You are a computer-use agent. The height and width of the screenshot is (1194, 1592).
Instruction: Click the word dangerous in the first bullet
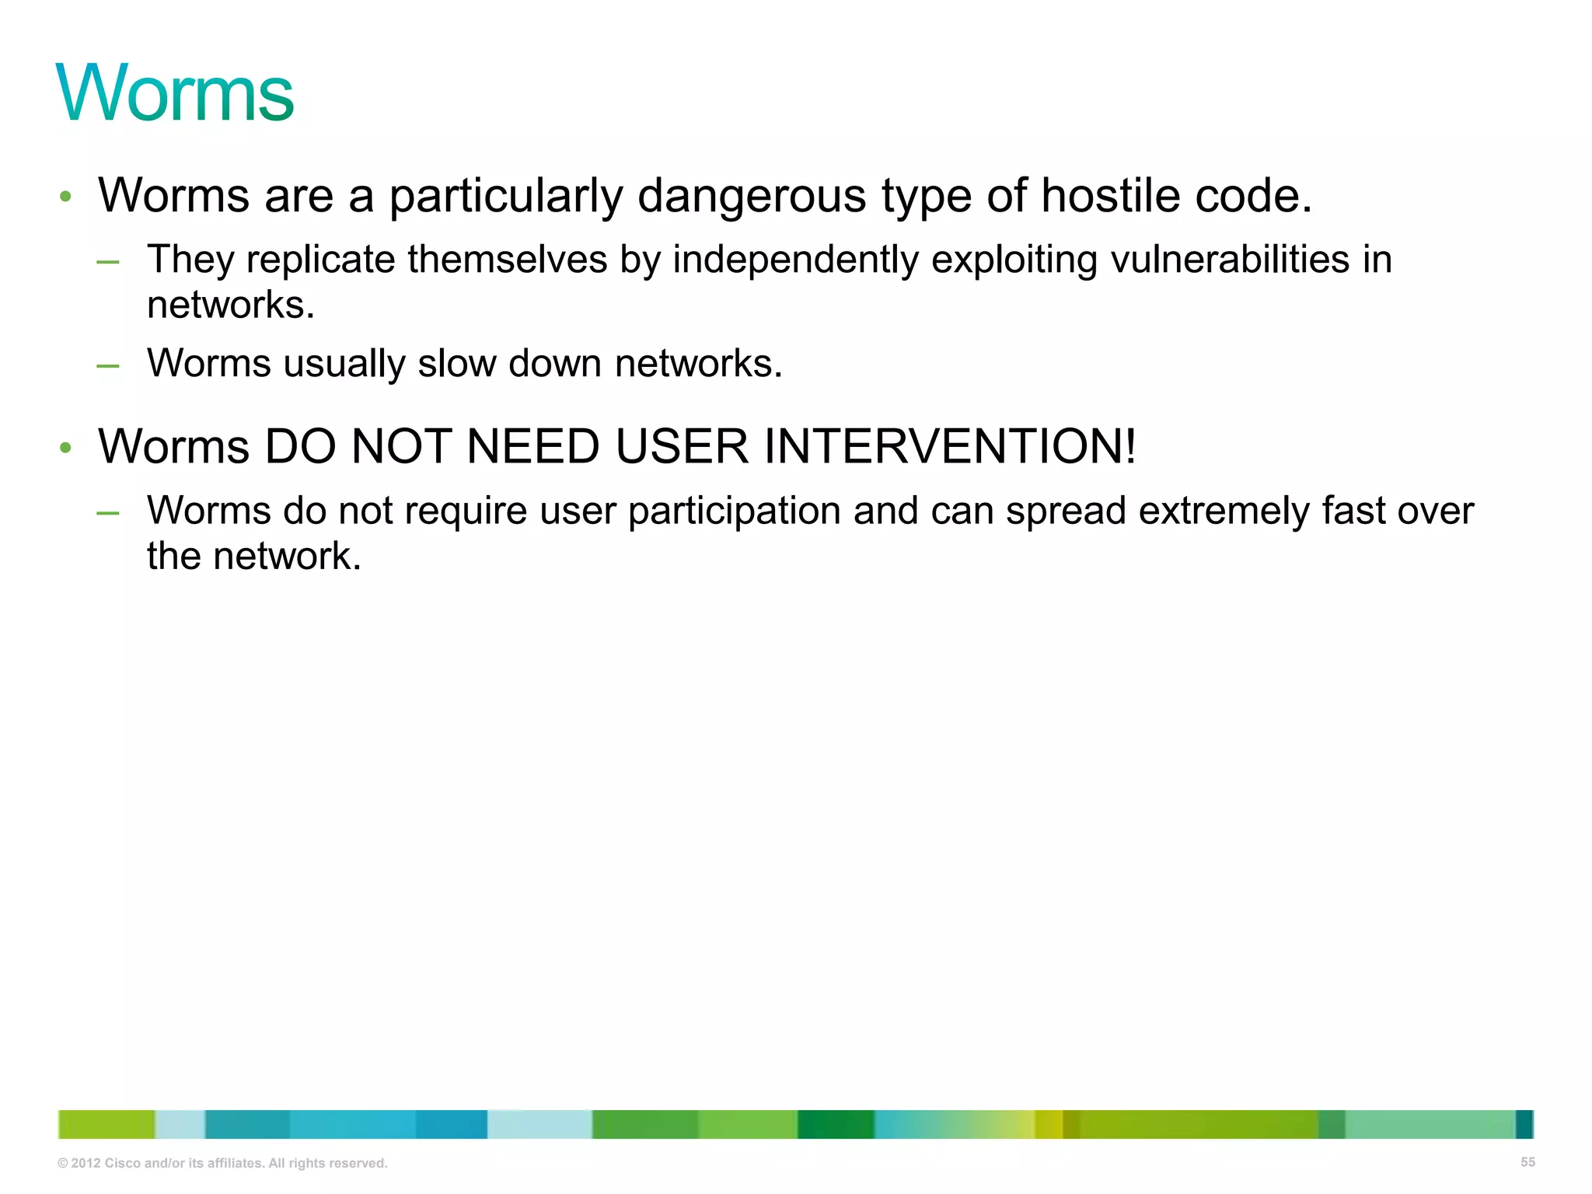coord(751,195)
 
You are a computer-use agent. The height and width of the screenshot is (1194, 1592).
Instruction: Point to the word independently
coord(795,260)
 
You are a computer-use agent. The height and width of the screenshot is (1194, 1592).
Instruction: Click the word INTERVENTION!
coord(950,447)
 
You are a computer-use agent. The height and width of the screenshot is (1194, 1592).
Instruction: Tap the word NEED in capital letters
coord(533,447)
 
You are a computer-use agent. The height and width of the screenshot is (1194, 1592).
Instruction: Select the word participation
coord(735,511)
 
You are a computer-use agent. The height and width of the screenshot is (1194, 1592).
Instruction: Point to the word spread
coord(1066,511)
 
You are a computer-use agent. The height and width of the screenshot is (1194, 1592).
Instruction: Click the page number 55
coord(1527,1162)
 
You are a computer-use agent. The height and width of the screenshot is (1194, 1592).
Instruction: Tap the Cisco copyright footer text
coord(222,1164)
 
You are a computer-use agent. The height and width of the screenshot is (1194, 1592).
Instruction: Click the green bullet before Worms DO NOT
coord(66,448)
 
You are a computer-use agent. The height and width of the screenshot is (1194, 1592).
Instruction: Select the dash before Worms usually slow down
coord(108,365)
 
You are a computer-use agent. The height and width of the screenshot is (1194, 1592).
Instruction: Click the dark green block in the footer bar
coord(836,1125)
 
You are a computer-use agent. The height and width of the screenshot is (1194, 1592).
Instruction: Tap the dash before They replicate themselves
coord(108,261)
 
